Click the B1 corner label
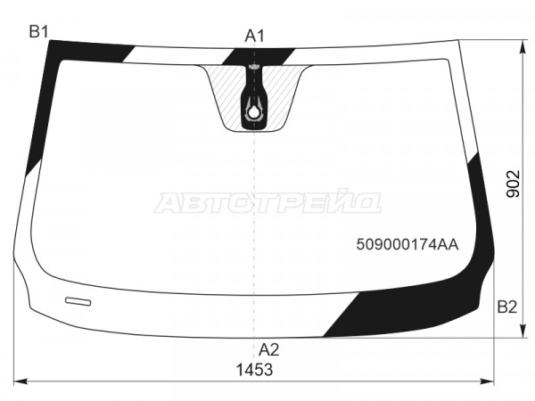coord(38,32)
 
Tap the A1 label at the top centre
coord(254,36)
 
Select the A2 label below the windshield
coord(269,349)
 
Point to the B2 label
coord(507,307)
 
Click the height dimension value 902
coord(513,184)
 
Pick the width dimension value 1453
coord(254,370)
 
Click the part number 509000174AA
coord(407,244)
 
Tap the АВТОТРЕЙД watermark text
coord(267,202)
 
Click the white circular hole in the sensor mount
coord(253,112)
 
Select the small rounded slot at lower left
coord(78,301)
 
